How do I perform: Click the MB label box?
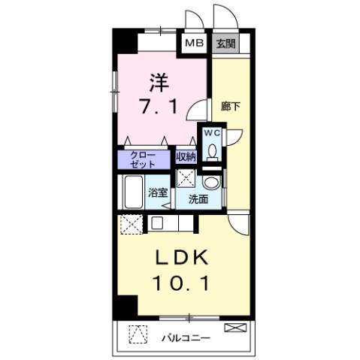point(192,43)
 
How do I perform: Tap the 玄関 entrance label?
point(224,43)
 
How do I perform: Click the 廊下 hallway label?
point(230,106)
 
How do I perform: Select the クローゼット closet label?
point(144,160)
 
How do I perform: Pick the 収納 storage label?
point(186,158)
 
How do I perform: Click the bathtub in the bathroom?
point(134,191)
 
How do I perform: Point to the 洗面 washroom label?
point(198,200)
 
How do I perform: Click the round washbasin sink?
point(212,183)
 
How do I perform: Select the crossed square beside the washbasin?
point(185,178)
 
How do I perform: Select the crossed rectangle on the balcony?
point(234,328)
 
